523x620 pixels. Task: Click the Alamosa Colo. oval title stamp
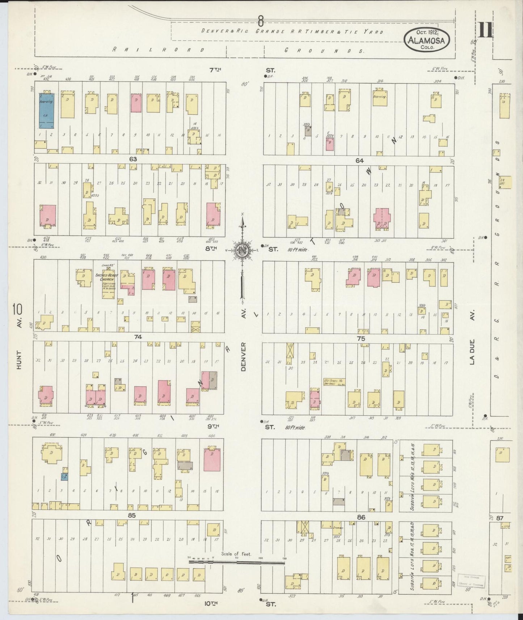[427, 38]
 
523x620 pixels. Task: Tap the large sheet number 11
[485, 30]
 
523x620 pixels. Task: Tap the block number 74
[138, 337]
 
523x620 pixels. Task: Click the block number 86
[361, 517]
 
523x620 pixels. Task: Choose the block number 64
[359, 160]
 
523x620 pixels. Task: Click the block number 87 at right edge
[500, 518]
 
